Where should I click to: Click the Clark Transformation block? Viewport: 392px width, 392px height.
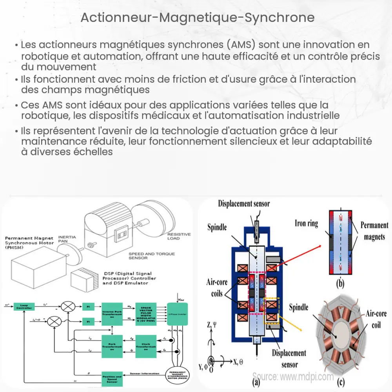145,341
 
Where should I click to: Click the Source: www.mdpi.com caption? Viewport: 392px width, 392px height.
293,377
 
